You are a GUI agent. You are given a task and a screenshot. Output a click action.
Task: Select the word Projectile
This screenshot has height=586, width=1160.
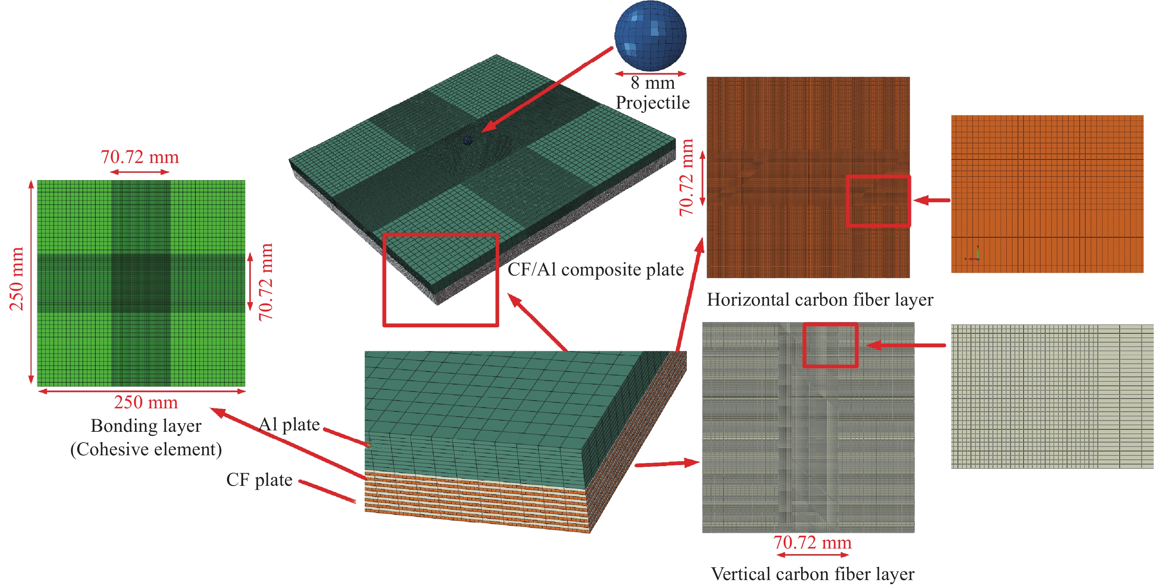point(652,103)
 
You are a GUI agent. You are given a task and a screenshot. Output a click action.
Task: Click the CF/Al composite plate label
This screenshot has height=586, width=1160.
point(595,270)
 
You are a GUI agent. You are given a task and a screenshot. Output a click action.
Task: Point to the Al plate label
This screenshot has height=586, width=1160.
point(289,424)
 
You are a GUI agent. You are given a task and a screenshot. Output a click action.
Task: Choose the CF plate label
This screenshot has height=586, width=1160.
point(259,480)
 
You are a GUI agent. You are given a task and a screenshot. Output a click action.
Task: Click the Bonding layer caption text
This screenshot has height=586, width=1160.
point(146,426)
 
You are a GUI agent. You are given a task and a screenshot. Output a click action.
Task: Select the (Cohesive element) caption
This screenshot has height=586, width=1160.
point(146,449)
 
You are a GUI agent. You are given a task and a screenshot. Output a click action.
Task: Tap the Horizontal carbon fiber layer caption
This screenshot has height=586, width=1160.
point(819,300)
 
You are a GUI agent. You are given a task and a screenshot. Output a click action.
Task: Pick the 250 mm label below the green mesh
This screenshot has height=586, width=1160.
point(146,402)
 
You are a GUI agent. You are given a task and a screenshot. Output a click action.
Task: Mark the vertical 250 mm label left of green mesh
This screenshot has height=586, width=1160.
point(16,279)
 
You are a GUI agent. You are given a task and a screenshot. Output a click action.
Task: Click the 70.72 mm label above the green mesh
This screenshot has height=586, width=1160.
point(140,157)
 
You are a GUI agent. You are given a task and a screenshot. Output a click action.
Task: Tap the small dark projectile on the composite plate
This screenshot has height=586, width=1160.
point(468,141)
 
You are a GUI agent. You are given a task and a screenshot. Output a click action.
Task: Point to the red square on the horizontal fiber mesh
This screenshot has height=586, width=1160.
point(878,201)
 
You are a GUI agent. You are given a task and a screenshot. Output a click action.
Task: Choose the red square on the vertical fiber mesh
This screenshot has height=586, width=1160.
point(830,345)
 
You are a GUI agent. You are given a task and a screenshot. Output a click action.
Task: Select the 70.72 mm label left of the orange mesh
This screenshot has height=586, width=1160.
point(686,178)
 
